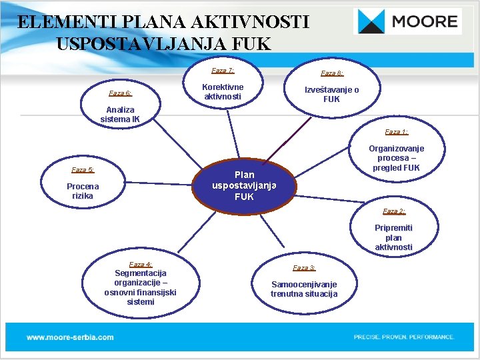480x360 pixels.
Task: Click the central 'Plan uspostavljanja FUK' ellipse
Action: (244, 186)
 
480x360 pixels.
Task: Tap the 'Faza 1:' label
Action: (396, 132)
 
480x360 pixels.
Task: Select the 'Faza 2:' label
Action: (393, 211)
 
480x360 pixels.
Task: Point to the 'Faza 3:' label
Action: (304, 268)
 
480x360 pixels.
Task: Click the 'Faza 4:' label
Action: (140, 265)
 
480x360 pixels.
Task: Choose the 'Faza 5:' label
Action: (83, 170)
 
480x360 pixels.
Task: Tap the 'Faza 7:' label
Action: (223, 70)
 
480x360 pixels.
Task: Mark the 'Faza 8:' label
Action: (332, 73)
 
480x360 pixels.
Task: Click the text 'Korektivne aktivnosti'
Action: (223, 92)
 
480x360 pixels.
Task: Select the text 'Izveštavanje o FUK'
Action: (331, 95)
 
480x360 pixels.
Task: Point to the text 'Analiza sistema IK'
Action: (120, 115)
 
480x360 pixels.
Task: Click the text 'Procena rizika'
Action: (83, 191)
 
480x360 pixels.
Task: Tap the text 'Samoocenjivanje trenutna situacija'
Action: (304, 289)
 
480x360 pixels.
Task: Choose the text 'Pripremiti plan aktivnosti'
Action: (393, 237)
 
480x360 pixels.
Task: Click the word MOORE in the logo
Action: (425, 22)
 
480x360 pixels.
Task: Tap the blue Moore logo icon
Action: (371, 22)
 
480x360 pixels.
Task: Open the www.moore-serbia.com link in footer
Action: (70, 337)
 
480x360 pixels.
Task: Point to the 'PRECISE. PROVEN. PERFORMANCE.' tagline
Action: (404, 337)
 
